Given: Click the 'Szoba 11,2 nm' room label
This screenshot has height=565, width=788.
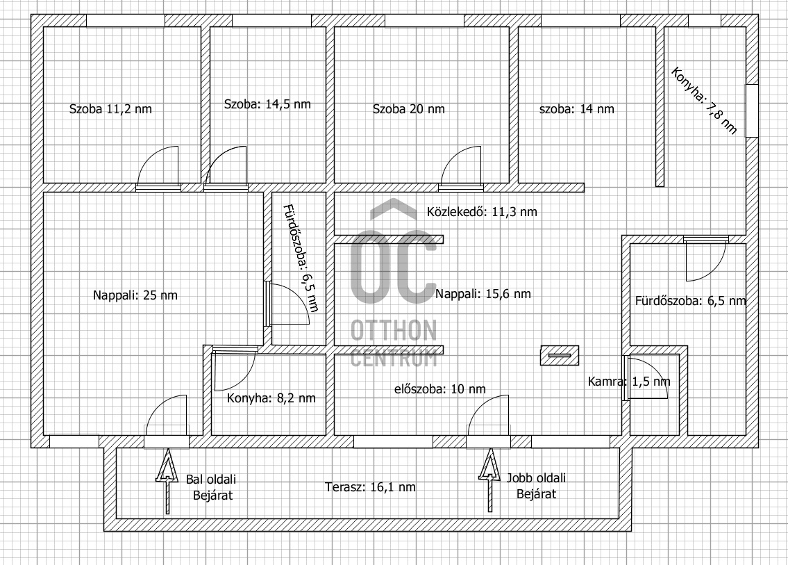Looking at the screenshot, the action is [x=110, y=109].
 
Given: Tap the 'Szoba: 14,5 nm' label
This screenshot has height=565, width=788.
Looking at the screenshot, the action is [x=267, y=104].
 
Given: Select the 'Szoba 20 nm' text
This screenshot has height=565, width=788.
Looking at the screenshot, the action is [x=408, y=109].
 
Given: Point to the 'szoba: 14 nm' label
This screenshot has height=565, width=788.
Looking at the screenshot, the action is [x=577, y=109].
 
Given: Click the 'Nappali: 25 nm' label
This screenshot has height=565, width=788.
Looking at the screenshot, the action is [x=135, y=295].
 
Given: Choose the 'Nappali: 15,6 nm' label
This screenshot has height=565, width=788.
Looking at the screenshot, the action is [x=483, y=294].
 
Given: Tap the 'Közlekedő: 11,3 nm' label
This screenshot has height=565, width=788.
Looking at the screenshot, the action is [x=482, y=212].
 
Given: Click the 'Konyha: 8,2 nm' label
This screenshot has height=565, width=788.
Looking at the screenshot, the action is [x=271, y=398].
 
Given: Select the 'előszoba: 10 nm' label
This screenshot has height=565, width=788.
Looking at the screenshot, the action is [x=439, y=389].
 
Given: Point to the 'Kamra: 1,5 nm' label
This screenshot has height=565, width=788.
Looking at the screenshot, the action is [x=629, y=382].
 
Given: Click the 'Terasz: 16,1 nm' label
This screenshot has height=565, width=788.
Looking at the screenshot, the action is [x=370, y=487].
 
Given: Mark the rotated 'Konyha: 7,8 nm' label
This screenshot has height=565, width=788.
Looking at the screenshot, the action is [x=704, y=101].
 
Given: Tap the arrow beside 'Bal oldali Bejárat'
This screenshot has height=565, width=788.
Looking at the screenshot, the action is [x=167, y=481].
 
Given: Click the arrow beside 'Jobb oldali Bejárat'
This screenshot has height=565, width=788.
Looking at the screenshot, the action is [x=490, y=480].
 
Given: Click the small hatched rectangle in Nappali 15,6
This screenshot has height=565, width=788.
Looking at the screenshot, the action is [x=560, y=355].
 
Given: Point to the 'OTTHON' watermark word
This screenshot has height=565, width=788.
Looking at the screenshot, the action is [x=394, y=330].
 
